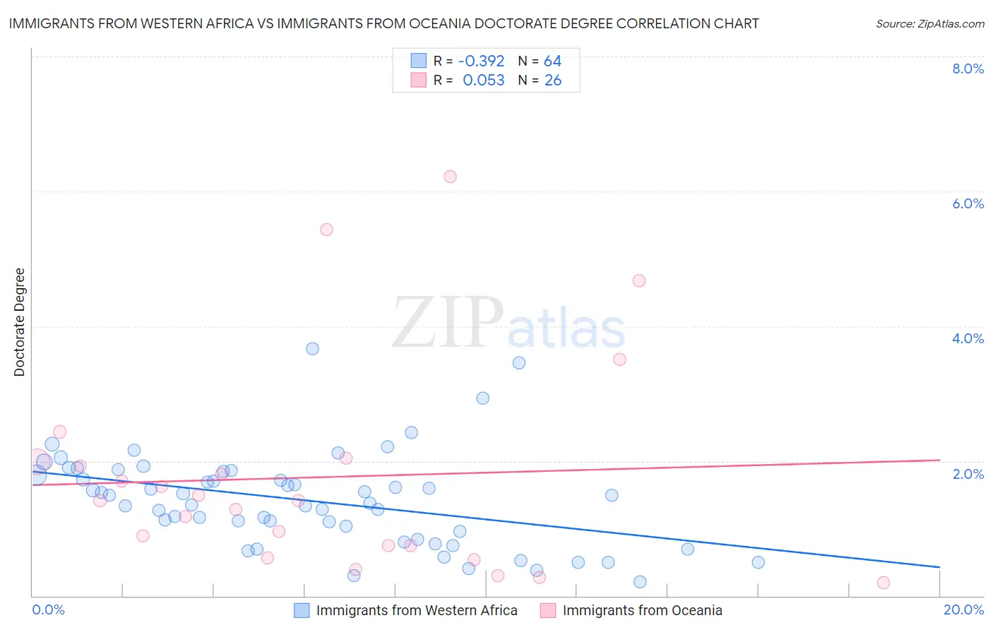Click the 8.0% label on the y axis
click(x=968, y=69)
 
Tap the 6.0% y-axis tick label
click(x=968, y=203)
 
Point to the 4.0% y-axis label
click(x=968, y=338)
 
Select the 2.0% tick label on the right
click(x=968, y=474)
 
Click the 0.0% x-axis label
click(x=48, y=610)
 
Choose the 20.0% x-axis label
click(x=963, y=610)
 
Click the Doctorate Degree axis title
click(x=19, y=322)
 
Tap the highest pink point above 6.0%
click(x=450, y=177)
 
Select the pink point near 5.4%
click(x=326, y=230)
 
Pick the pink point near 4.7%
click(x=639, y=281)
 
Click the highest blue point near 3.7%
click(x=312, y=349)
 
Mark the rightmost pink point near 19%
click(x=884, y=583)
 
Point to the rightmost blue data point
click(x=759, y=562)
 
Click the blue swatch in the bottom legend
click(x=302, y=610)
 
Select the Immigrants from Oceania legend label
click(x=642, y=610)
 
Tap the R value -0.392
click(x=481, y=61)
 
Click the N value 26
click(x=553, y=81)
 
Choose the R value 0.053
click(x=483, y=81)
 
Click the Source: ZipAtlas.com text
click(x=929, y=24)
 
